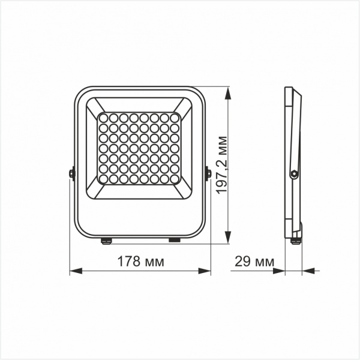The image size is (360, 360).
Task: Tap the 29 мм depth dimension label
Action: (252, 262)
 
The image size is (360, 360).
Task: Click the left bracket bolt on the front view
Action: (72, 174)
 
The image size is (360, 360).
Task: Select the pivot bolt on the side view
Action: (293, 173)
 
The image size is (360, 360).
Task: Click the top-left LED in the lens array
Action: (103, 118)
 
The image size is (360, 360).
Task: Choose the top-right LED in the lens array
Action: (175, 118)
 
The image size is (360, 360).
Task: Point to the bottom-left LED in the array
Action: (103, 179)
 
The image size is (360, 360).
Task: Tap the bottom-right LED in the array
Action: (175, 179)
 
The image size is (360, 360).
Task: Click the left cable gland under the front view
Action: (106, 241)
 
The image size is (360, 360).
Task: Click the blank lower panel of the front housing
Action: (140, 216)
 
